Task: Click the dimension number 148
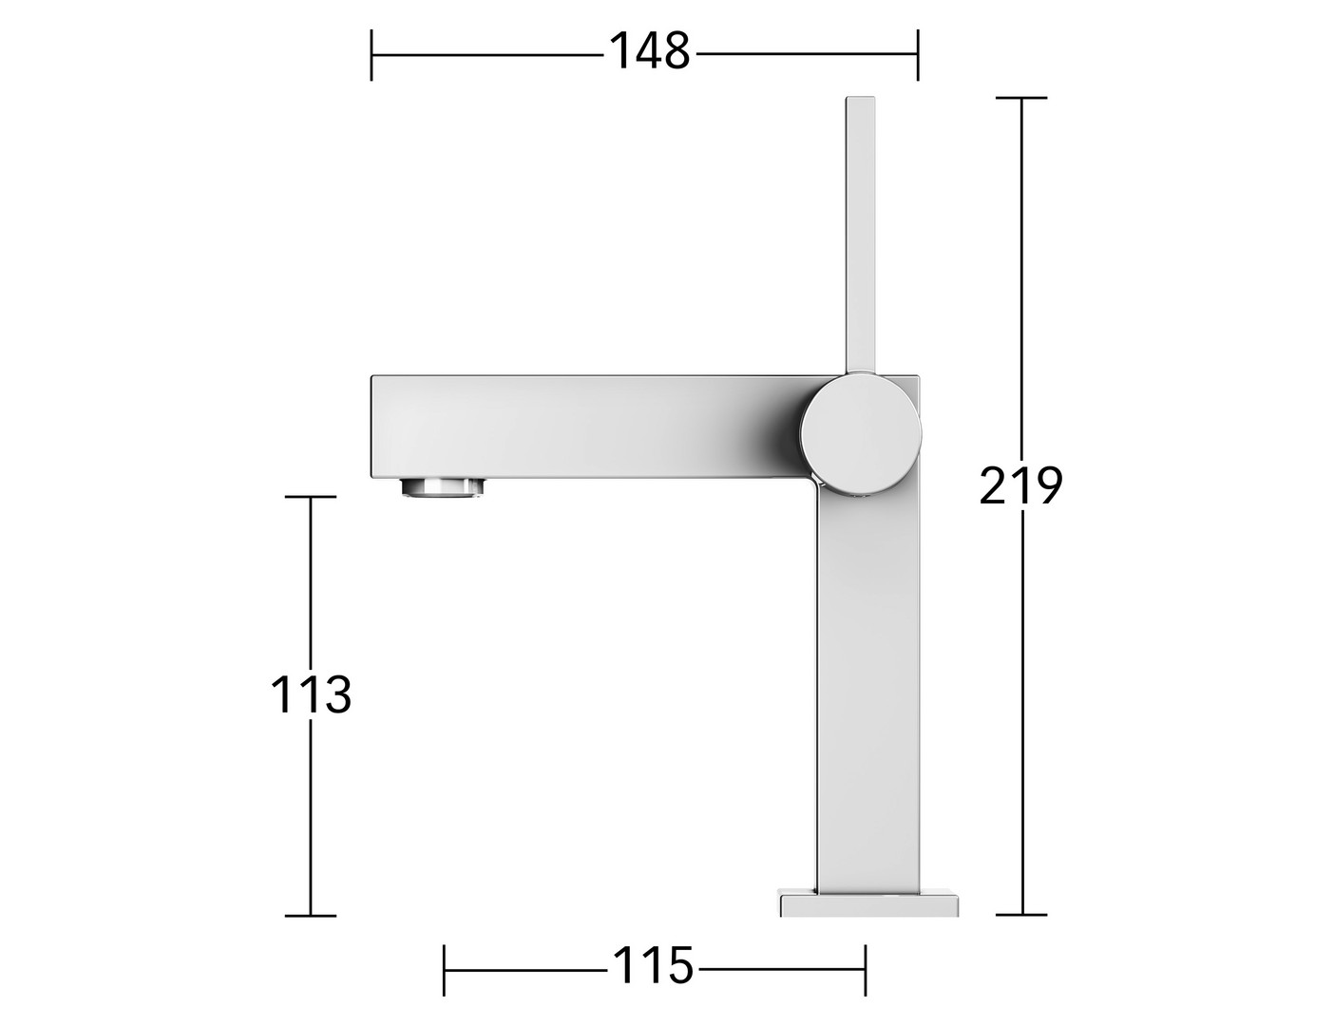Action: (650, 51)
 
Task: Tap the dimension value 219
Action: (1020, 485)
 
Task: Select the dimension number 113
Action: (311, 694)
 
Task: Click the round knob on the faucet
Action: (861, 433)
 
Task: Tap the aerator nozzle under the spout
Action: (443, 488)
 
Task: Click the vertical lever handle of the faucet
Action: (860, 235)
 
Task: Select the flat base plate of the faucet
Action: (868, 918)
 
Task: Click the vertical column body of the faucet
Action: (868, 693)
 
